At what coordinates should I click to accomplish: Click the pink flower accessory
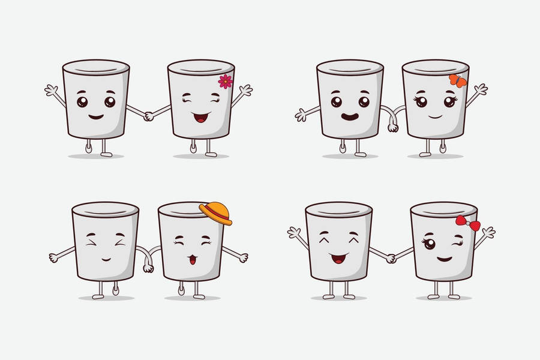225,82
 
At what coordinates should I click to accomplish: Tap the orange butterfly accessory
457,81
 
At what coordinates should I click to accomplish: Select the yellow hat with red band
216,212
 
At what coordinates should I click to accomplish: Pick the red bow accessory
467,223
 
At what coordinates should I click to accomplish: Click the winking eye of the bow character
459,244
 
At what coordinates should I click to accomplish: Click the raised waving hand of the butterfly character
480,90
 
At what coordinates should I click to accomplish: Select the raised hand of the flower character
245,91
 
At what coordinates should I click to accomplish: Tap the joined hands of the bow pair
391,258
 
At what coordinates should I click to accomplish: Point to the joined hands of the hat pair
148,266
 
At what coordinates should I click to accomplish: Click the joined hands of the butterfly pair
393,126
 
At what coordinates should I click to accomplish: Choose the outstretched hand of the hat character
242,257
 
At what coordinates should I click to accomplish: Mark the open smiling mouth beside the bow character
339,258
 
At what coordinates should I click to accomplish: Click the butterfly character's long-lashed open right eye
449,101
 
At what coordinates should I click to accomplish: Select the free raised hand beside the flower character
52,91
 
